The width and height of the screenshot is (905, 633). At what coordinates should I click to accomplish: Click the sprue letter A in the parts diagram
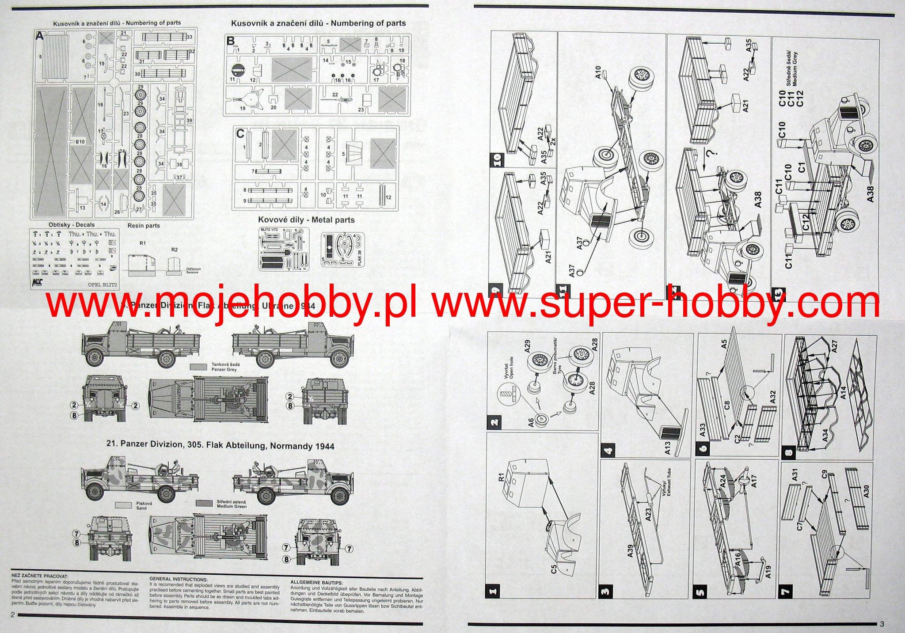coord(40,37)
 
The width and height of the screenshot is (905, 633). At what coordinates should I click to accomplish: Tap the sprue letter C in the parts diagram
coord(240,133)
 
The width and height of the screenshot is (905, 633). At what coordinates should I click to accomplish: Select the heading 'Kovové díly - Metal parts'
coord(306,220)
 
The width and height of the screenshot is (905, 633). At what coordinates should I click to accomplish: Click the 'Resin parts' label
coord(144,226)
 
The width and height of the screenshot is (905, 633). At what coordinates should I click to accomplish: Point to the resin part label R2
coord(175,250)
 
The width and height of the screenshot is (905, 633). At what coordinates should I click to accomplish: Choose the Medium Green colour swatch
coord(205,503)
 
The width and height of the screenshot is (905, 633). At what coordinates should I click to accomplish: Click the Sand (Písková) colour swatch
coord(124,504)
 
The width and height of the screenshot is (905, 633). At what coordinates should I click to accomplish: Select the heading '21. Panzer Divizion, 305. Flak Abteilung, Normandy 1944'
coord(221,446)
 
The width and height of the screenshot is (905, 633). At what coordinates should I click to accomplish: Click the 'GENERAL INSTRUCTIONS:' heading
coord(178,579)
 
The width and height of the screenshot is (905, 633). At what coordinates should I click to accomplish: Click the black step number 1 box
coord(493,591)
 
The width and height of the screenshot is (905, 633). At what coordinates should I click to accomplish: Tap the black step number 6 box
coord(703,447)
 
